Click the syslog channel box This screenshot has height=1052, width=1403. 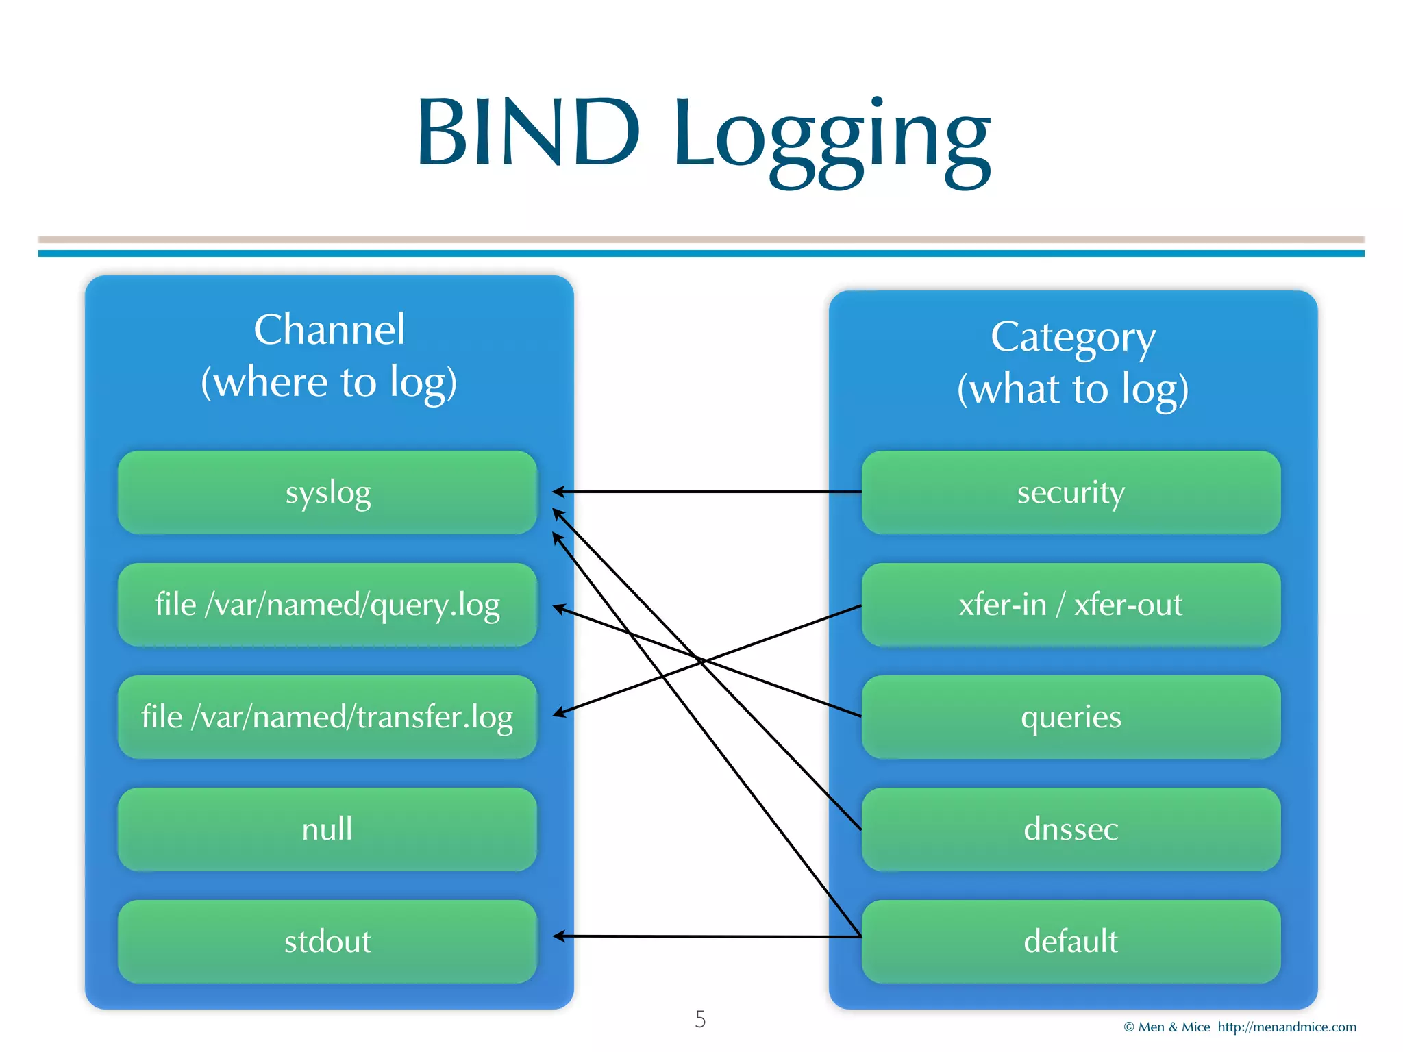point(327,492)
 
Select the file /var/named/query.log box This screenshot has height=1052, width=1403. point(327,605)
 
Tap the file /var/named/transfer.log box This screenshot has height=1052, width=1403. point(327,717)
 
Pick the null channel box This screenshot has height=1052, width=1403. point(327,829)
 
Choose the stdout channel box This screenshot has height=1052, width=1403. point(327,942)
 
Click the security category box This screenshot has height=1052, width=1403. point(1071,492)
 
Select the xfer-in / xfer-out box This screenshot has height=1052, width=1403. point(1071,605)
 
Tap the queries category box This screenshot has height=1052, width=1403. point(1071,717)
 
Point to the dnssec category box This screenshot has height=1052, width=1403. point(1071,829)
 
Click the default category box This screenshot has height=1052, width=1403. point(1071,942)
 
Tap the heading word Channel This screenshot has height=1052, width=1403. point(329,330)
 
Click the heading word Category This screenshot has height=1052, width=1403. point(1073,338)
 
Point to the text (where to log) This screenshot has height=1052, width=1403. point(329,382)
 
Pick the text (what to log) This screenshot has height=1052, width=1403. point(1073,389)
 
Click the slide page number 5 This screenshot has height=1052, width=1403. point(700,1019)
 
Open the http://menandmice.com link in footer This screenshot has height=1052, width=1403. point(1287,1027)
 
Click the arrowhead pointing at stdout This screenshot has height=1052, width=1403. point(558,936)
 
